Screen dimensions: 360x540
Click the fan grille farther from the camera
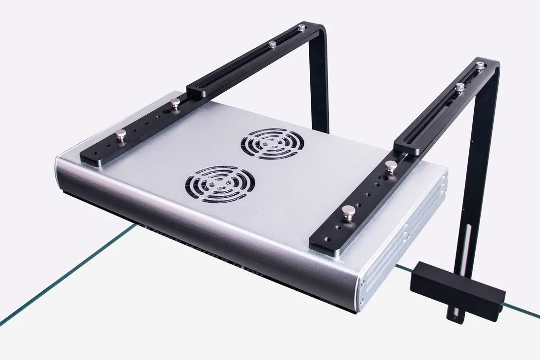272,143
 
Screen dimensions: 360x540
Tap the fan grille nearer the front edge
220,184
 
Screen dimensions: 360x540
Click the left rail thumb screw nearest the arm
175,103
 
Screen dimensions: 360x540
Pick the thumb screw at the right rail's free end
349,212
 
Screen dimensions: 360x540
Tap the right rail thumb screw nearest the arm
391,166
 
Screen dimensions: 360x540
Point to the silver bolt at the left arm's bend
302,28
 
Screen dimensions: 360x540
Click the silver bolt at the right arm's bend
480,65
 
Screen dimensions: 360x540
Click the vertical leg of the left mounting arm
319,83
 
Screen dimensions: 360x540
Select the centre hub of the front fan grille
220,184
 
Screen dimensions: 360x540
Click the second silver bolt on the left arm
272,45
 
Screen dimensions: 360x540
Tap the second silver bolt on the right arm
460,87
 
